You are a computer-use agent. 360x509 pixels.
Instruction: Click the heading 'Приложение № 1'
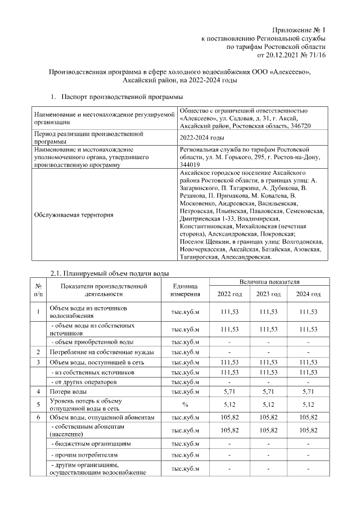(x=299, y=29)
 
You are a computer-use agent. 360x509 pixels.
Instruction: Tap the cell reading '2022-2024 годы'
(x=202, y=138)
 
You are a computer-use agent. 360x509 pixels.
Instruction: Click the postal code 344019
(x=190, y=164)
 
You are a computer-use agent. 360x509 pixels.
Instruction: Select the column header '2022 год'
(x=229, y=294)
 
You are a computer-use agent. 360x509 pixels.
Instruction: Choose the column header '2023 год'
(x=268, y=294)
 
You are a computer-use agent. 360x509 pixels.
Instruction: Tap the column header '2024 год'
(x=308, y=294)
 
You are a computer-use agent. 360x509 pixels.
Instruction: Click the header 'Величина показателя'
(x=268, y=281)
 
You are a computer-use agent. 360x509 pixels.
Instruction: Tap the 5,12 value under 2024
(x=308, y=404)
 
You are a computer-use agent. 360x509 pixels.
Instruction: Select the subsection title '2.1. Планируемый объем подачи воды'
(x=110, y=273)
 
